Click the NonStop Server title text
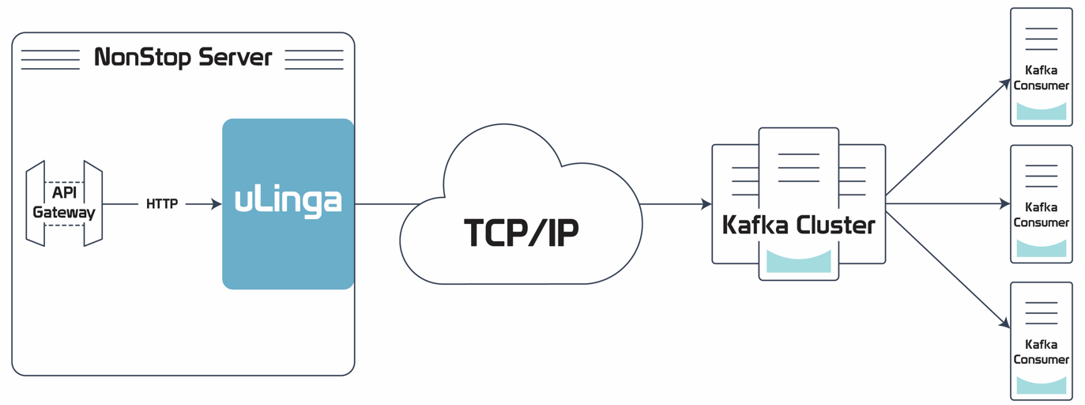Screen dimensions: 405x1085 183,58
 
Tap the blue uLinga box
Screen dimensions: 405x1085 288,203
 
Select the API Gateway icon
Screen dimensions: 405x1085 64,203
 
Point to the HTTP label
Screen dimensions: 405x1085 162,204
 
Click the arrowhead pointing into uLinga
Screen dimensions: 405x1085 216,204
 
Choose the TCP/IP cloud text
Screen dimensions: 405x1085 521,232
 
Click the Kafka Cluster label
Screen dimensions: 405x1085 798,225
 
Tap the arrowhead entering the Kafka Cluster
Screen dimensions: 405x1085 706,204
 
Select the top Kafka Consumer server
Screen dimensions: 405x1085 1041,66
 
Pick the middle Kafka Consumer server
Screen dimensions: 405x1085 1041,204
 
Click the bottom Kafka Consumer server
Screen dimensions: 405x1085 1041,341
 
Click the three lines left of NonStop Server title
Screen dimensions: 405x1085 51,59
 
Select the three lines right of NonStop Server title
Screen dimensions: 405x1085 314,59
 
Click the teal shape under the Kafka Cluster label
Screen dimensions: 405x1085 798,262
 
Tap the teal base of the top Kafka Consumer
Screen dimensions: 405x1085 1041,112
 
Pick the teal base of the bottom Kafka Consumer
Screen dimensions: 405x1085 1041,385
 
